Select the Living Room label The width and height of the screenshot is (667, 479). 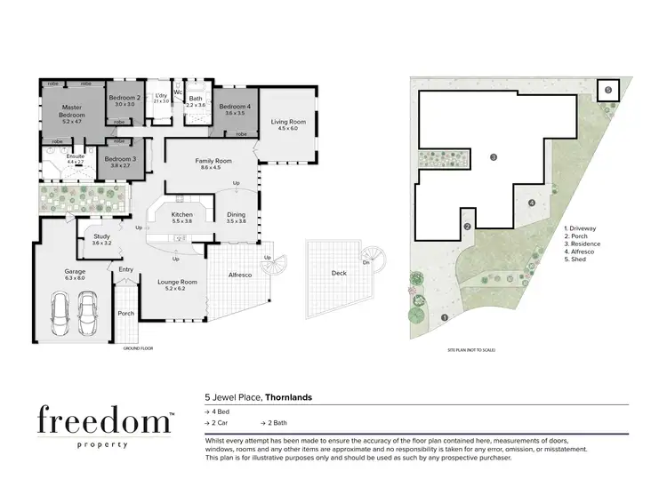pos(288,122)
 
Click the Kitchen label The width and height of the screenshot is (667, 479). pos(181,214)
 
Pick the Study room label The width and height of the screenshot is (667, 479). pos(101,236)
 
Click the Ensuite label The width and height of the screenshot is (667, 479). pos(76,156)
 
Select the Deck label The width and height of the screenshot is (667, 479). pos(338,273)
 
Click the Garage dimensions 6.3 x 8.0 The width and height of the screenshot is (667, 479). pos(74,278)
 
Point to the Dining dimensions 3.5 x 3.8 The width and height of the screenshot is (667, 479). pos(236,221)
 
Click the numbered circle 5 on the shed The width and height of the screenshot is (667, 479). pos(608,90)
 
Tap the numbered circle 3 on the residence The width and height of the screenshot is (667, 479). pos(493,157)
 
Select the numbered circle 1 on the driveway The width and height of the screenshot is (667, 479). pos(443,317)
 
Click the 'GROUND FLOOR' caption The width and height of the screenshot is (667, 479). pos(138,348)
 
